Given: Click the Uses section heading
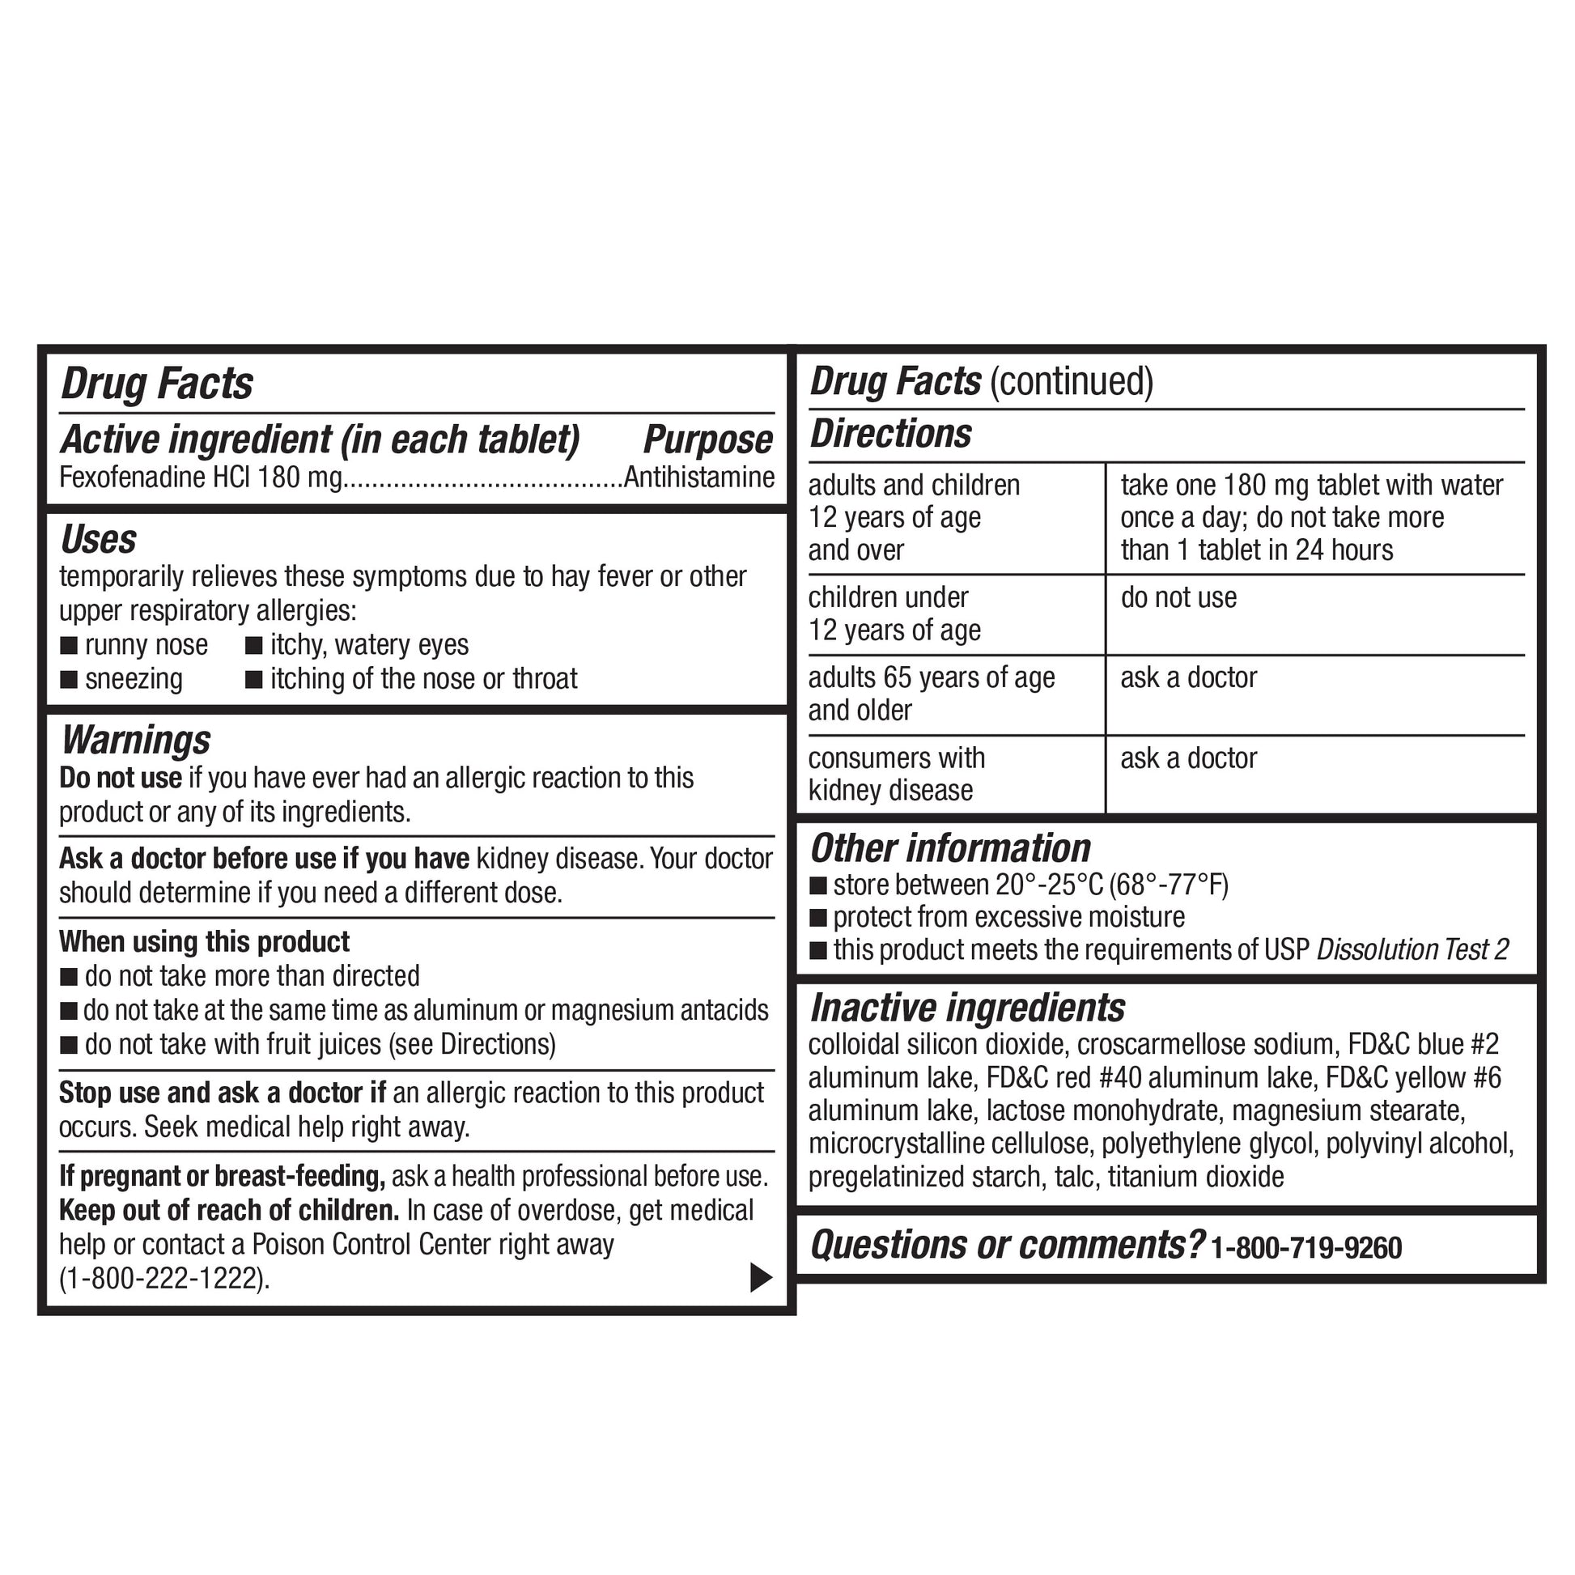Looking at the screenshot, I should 99,540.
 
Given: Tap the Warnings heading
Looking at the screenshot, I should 136,741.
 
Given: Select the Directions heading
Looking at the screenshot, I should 891,434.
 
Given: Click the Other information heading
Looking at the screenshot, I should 950,849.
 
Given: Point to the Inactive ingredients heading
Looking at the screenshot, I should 968,1008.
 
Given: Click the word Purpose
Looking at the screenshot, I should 707,440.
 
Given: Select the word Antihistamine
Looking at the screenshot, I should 699,477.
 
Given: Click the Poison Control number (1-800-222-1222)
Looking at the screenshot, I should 163,1278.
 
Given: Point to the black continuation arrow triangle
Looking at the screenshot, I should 760,1277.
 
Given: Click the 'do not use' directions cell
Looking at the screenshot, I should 1178,598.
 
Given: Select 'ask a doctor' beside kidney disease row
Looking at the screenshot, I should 1189,759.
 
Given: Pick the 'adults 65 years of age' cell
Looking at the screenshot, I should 932,678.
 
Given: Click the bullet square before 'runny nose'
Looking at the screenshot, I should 70,646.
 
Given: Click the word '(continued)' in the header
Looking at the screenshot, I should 1072,381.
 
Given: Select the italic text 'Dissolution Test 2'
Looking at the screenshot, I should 1413,949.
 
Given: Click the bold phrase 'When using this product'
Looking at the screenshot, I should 204,942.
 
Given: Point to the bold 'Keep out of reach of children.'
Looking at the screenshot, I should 229,1211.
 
